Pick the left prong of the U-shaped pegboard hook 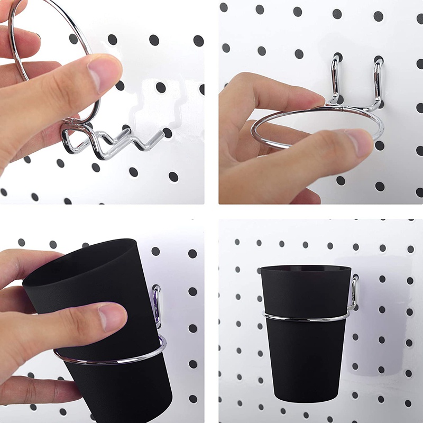tap(334, 79)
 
